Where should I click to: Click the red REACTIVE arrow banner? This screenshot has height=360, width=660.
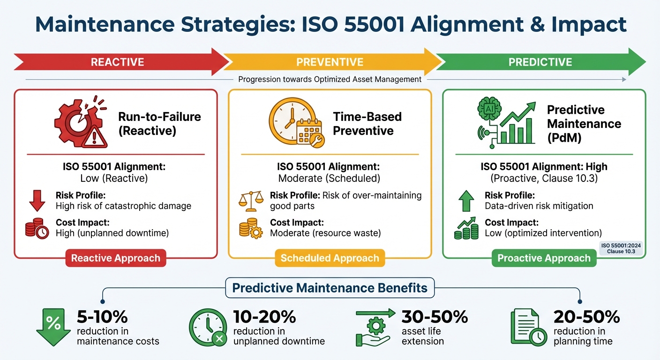click(117, 62)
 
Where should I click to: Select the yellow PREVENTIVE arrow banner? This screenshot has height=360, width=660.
click(330, 62)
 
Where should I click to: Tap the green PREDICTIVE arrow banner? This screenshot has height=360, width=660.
click(540, 62)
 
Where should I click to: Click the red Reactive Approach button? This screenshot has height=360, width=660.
click(115, 258)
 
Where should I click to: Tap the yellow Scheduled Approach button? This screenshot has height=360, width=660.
click(330, 258)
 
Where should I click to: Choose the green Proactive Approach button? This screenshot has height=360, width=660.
click(544, 258)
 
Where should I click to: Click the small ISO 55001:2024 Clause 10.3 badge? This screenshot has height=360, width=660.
click(621, 248)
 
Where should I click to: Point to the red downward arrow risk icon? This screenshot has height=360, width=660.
click(37, 201)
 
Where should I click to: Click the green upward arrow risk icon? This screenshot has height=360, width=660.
click(466, 201)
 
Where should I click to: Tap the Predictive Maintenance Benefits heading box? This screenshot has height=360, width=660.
click(330, 288)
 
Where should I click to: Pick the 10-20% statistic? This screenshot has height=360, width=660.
click(264, 317)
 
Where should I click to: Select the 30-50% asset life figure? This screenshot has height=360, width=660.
click(435, 317)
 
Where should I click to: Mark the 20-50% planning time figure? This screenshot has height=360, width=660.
click(586, 317)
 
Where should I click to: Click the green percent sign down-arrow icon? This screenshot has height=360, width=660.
click(52, 325)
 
